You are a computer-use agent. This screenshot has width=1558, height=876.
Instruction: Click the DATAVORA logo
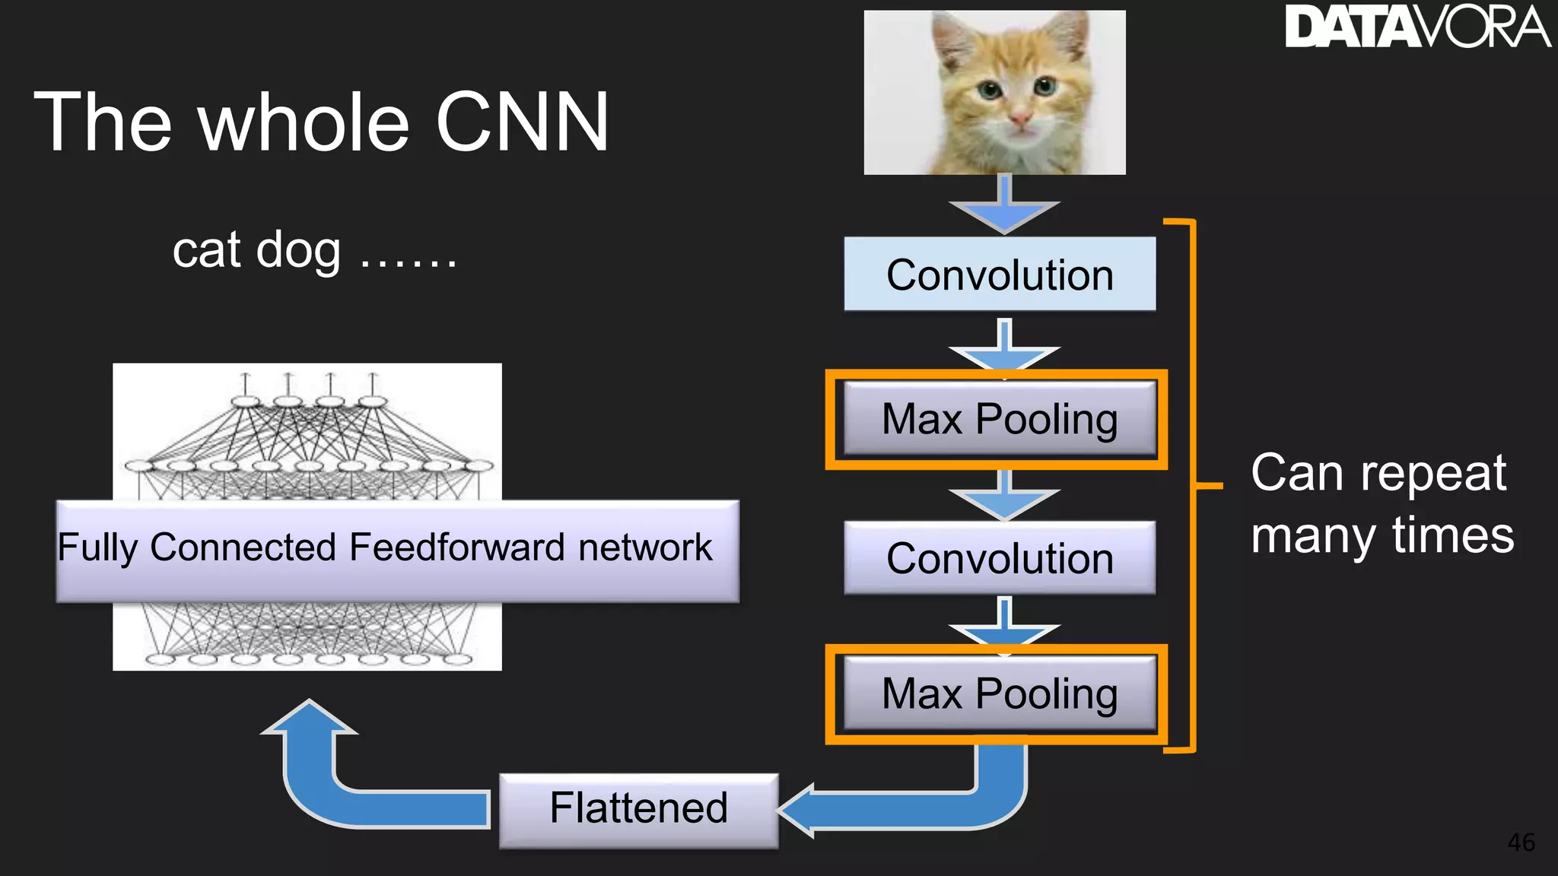(x=1417, y=27)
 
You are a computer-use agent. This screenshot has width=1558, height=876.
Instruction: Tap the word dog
(x=298, y=251)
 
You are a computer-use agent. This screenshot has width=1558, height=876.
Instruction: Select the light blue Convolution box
(x=999, y=275)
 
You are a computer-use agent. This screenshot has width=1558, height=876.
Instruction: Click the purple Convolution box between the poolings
(x=999, y=558)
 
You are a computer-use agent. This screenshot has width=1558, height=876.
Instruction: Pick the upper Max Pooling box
(x=999, y=419)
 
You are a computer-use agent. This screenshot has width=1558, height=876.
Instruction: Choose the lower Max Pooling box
(x=999, y=693)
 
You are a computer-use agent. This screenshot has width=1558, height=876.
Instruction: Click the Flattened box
(x=638, y=808)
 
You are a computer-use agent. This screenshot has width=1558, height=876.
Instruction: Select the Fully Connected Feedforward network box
(x=397, y=550)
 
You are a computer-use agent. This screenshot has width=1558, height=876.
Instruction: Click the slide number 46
(x=1521, y=843)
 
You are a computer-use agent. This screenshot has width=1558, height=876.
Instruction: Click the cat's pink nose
(x=1019, y=119)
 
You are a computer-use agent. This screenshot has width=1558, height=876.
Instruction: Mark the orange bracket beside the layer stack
(x=1193, y=485)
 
